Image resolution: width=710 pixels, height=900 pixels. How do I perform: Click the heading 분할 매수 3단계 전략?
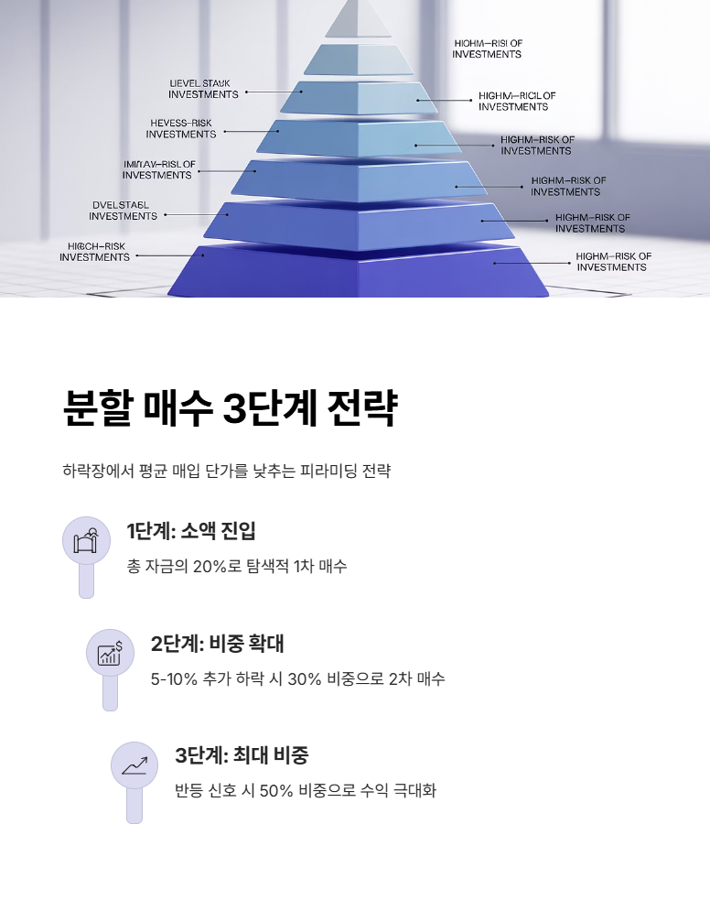230,408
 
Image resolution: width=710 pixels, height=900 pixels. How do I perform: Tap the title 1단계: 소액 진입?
191,531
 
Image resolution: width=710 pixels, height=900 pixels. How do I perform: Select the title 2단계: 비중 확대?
218,644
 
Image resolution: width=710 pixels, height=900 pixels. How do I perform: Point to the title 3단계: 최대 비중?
242,755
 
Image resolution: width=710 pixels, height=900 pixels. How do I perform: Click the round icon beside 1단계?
86,539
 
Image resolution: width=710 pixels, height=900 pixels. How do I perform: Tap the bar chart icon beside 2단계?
110,652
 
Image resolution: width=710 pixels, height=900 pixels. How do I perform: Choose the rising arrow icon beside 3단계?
134,764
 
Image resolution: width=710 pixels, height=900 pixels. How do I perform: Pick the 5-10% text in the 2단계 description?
172,678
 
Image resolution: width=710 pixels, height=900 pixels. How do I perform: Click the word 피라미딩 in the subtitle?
329,472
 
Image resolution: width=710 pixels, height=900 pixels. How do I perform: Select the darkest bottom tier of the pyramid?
359,273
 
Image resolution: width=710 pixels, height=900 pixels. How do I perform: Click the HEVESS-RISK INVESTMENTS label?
181,128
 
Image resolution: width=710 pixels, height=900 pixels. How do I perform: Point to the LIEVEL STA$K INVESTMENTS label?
203,89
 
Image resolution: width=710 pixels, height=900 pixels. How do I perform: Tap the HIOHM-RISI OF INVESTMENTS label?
487,49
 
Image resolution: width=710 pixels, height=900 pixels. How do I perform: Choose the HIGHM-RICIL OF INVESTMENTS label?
516,101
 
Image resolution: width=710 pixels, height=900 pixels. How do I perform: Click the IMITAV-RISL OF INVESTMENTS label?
158,169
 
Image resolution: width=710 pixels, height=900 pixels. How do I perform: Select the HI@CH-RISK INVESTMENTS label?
95,252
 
